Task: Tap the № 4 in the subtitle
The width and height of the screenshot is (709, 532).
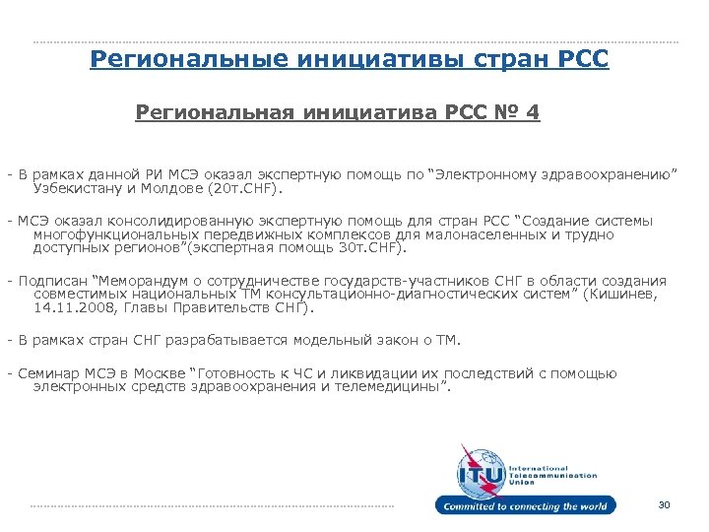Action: [520, 112]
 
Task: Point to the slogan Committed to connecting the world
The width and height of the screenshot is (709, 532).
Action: [527, 506]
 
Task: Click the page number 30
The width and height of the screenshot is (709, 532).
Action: [663, 505]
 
